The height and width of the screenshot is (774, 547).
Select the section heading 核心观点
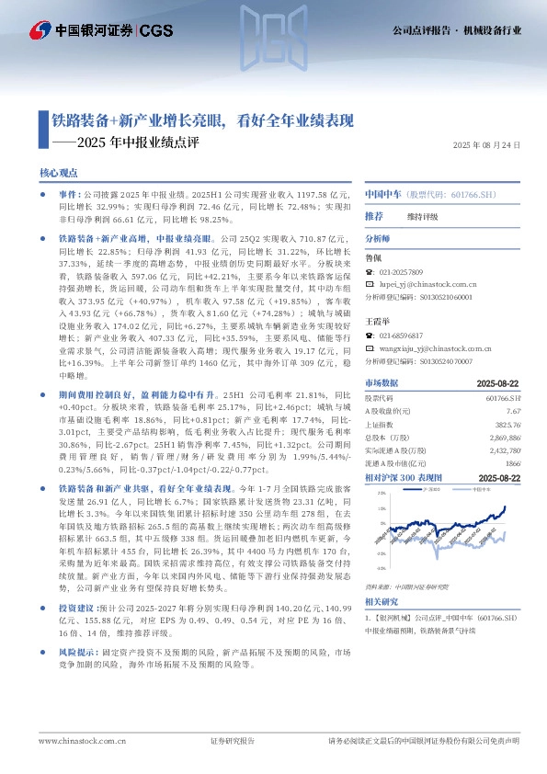[x=59, y=173]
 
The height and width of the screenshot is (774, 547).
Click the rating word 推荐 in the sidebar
[x=373, y=216]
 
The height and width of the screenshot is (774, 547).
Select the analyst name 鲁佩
[x=373, y=260]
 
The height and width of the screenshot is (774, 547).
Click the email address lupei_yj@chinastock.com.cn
[x=425, y=285]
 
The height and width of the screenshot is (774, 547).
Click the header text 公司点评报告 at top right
[x=426, y=29]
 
